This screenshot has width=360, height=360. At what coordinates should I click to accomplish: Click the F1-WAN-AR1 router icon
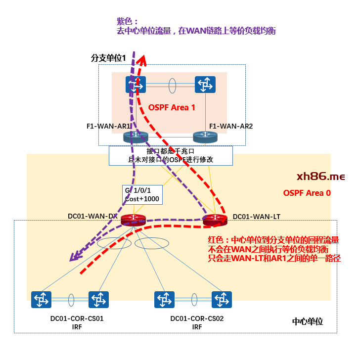[x=135, y=137]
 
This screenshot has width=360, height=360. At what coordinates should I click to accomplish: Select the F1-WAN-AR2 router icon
[x=205, y=137]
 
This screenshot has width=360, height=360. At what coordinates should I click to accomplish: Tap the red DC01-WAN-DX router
[x=133, y=220]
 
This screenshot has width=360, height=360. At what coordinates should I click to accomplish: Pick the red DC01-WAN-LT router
[x=215, y=220]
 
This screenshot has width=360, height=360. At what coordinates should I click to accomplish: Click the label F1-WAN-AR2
[x=231, y=126]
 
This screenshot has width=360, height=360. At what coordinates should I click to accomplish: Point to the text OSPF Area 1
[x=172, y=107]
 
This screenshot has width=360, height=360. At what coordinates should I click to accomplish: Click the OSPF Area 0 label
[x=307, y=193]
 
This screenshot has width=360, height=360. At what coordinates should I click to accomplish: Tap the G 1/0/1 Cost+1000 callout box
[x=142, y=194]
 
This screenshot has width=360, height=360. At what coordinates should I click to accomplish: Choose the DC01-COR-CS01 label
[x=77, y=319]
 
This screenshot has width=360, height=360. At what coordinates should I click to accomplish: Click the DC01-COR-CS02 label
[x=197, y=319]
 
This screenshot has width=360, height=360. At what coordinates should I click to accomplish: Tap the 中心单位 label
[x=308, y=321]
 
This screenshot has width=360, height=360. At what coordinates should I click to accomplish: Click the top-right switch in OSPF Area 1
[x=205, y=85]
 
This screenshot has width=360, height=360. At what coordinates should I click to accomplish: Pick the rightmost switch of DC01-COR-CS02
[x=221, y=299]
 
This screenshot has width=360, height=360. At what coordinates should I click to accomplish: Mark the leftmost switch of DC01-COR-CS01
[x=41, y=299]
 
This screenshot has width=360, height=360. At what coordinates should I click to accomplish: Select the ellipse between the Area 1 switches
[x=172, y=85]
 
